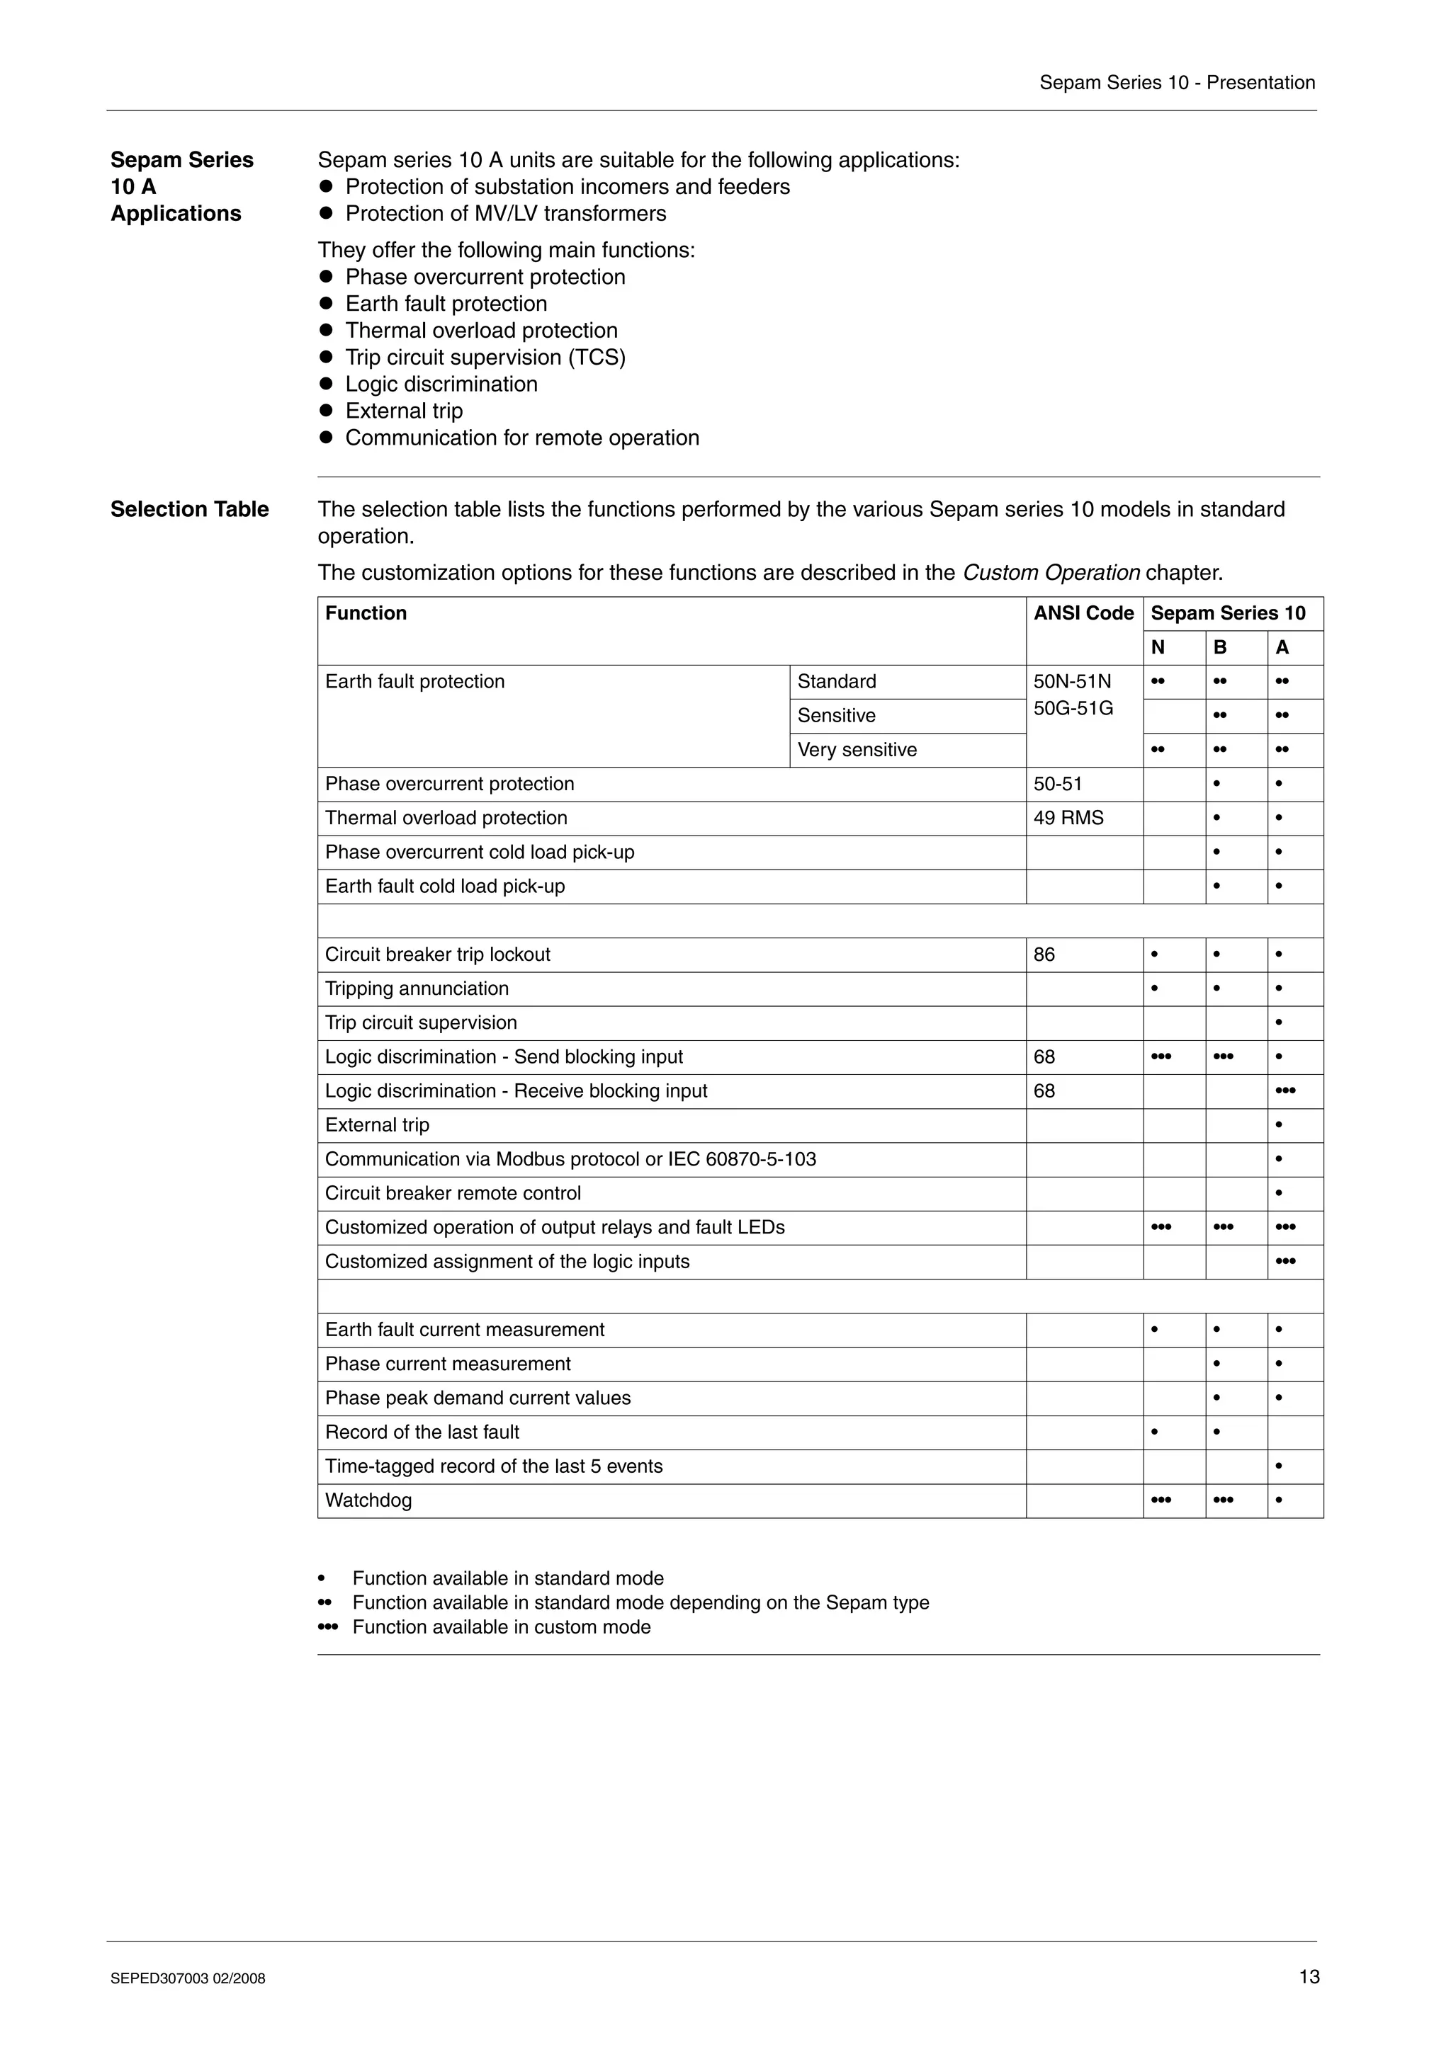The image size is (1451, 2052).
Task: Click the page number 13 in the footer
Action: tap(1309, 1976)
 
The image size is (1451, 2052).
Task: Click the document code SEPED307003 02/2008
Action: tap(188, 1978)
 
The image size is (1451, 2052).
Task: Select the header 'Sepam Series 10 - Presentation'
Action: tap(1177, 83)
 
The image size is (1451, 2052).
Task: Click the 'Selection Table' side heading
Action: tap(190, 509)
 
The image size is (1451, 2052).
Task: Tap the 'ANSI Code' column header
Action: tap(1083, 613)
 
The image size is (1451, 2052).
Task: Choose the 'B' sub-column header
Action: tap(1219, 648)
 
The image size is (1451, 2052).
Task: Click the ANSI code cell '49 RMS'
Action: tap(1068, 818)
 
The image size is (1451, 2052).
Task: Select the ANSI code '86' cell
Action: tap(1044, 954)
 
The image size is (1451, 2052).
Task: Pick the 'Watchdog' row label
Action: tap(368, 1500)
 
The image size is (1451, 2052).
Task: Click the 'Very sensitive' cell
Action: tap(857, 750)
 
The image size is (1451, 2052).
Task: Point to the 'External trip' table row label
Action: tap(378, 1125)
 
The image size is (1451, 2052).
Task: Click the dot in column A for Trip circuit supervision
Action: tap(1278, 1022)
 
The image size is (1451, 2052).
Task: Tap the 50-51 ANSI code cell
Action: tap(1058, 784)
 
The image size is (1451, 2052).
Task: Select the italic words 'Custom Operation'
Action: tap(1051, 573)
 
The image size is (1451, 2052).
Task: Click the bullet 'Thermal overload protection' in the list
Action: tap(481, 331)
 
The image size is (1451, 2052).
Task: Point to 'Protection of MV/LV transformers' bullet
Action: tap(505, 214)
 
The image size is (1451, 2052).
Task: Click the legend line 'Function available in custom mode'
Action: tap(501, 1627)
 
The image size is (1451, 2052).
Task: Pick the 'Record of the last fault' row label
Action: tap(422, 1432)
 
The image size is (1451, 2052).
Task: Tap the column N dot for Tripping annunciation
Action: tap(1154, 988)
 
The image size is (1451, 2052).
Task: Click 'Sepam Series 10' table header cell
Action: tap(1228, 613)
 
